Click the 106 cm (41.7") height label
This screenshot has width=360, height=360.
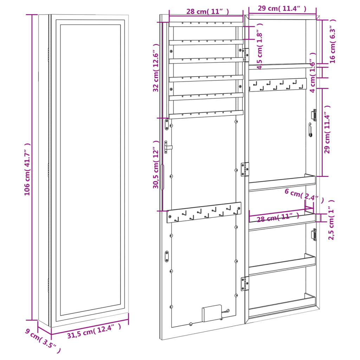27,169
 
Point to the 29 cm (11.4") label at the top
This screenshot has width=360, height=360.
282,8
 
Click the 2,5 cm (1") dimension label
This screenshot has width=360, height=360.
332,220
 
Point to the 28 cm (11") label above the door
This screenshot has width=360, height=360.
207,11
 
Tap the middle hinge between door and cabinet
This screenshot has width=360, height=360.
245,169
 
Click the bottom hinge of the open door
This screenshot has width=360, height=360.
245,283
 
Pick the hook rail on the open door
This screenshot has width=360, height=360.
204,212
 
